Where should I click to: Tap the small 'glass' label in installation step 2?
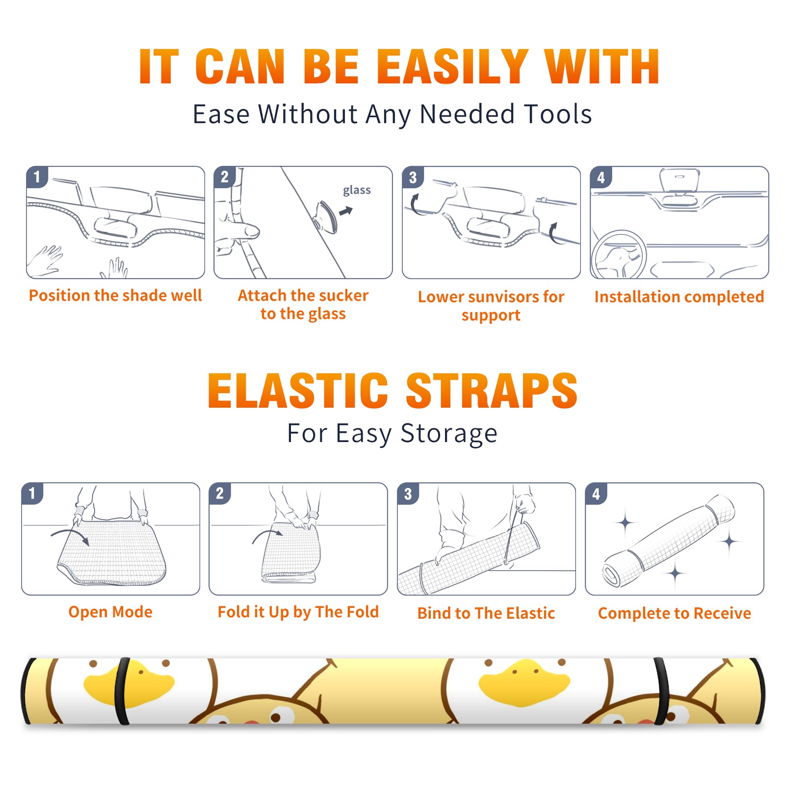pos(357,190)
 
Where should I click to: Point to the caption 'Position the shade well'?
pos(115,295)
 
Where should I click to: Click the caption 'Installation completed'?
pos(679,296)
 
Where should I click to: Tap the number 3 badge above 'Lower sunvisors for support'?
pos(413,178)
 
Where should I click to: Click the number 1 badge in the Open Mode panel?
pos(32,494)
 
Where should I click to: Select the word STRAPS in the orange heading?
pos(492,391)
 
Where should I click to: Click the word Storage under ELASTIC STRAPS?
pos(449,434)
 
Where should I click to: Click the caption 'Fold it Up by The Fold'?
pos(298,612)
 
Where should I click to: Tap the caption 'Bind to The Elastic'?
pos(486,613)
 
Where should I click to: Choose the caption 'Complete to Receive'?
pos(675,613)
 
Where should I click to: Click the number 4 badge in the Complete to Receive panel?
pos(596,494)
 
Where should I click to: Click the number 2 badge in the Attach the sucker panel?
pos(225,177)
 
